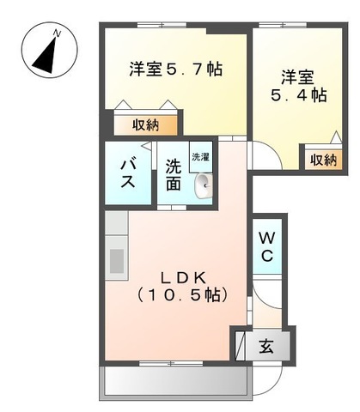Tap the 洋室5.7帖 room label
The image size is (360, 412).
[176, 69]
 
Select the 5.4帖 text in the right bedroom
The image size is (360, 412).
[307, 96]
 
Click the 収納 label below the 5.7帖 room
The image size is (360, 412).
[145, 125]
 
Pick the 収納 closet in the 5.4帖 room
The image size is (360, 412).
[324, 159]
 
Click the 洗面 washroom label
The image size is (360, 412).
[174, 175]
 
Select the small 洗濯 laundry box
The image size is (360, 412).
[200, 158]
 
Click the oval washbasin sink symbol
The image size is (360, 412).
[203, 183]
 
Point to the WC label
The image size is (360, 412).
[266, 246]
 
